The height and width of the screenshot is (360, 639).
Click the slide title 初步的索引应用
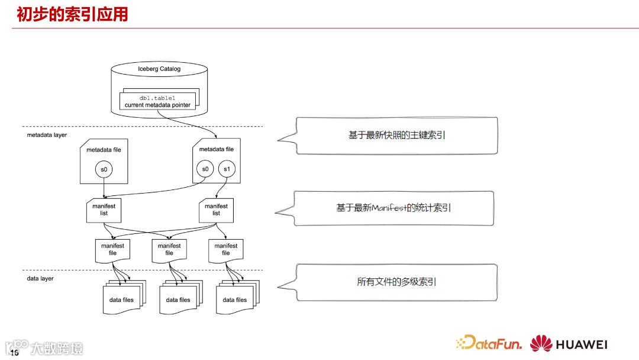pos(72,14)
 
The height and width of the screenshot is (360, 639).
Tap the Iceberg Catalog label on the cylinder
pos(159,69)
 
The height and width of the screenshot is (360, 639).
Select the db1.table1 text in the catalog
pos(157,98)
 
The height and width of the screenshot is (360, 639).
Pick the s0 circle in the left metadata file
pos(104,170)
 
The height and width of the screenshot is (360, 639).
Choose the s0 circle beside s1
pos(205,170)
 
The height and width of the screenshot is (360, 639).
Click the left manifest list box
pos(104,210)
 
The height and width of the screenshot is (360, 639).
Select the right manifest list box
pos(216,210)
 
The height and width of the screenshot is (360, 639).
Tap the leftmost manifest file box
pos(112,249)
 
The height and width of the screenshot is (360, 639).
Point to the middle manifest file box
pos(169,249)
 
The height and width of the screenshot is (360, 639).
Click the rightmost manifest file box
pos(226,249)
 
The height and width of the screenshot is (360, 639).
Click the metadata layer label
pos(47,135)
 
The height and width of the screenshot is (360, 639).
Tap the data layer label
pos(40,278)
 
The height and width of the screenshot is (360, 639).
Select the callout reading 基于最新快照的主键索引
pos(396,136)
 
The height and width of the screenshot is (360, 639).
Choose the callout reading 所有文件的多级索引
pos(396,282)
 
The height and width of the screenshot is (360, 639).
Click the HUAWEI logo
pos(569,344)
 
